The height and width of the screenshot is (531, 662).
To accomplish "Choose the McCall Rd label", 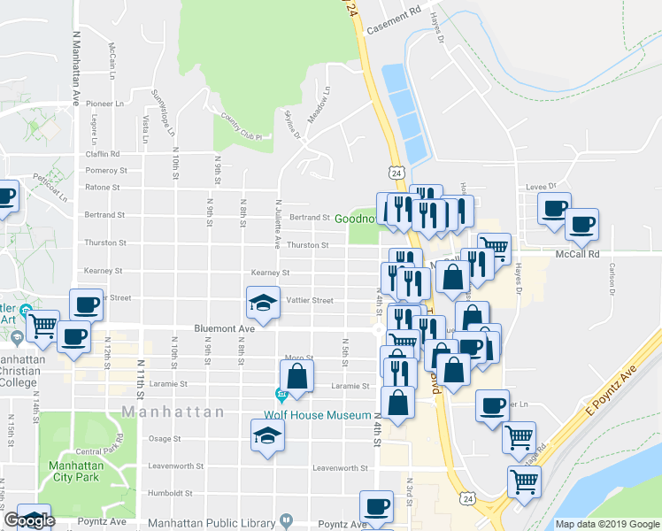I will [578, 254].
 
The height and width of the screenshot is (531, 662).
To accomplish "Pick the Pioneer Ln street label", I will [105, 103].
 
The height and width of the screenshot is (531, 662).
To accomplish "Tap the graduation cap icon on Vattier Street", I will [263, 303].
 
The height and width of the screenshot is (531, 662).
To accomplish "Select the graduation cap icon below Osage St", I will [268, 435].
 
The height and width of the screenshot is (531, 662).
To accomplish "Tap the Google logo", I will [28, 520].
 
